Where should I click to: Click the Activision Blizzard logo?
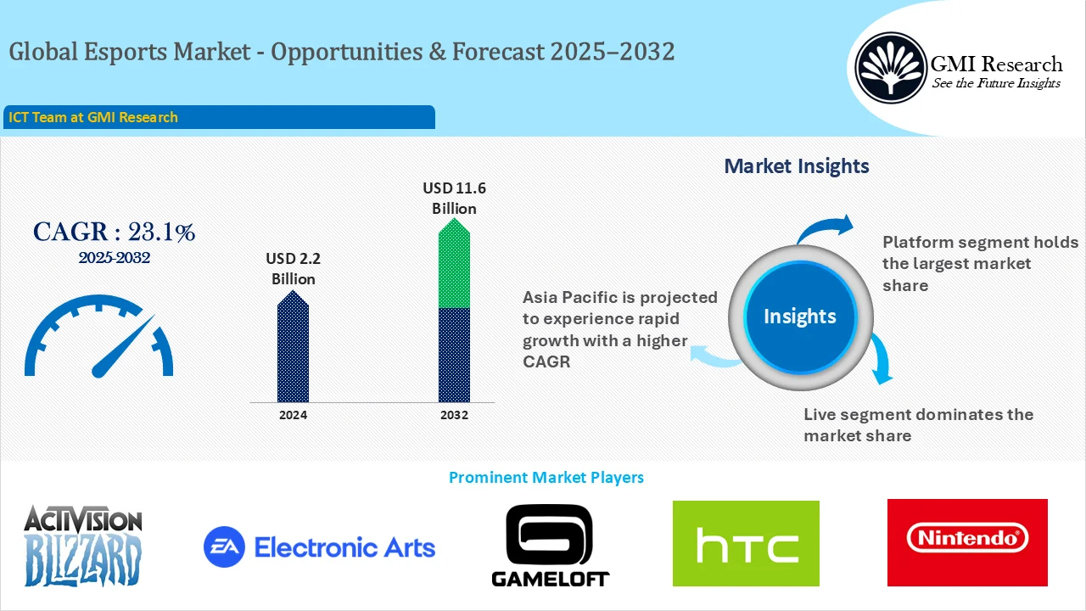click(x=82, y=545)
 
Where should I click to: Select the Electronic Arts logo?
click(x=319, y=547)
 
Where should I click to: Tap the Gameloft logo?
click(x=550, y=545)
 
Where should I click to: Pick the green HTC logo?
click(x=746, y=543)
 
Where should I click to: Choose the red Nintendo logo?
click(x=967, y=541)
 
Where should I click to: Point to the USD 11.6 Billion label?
click(x=454, y=198)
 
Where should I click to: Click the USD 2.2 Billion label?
click(x=293, y=268)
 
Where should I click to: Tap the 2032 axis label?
click(x=454, y=415)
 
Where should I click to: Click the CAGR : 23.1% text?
click(x=114, y=232)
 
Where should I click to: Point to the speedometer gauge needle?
click(x=123, y=346)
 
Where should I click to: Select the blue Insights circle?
click(x=799, y=317)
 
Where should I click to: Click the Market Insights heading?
click(x=796, y=166)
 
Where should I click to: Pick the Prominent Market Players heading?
click(x=546, y=478)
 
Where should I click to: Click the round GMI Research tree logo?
click(x=890, y=68)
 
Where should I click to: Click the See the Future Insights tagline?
click(x=995, y=83)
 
